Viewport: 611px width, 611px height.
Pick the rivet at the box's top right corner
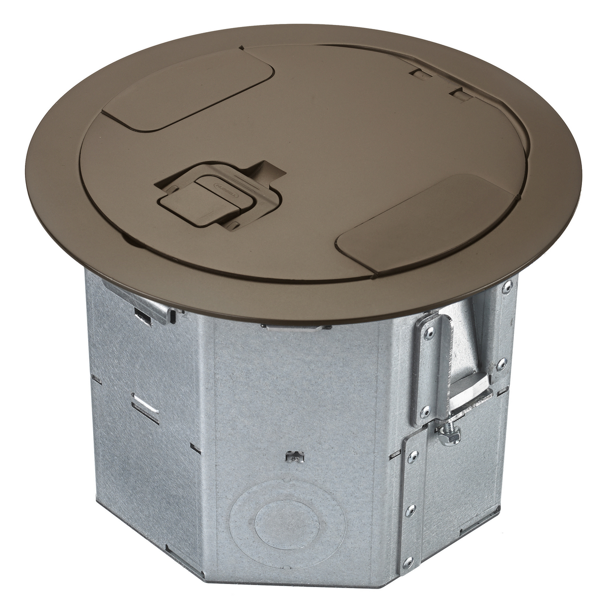507,288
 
